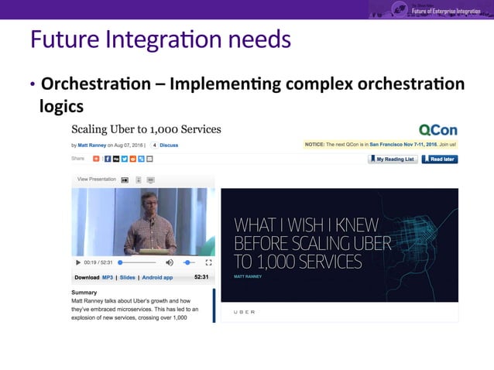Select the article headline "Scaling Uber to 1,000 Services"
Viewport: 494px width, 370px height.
146,129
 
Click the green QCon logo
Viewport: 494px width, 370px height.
437,129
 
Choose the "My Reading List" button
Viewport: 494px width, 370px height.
393,159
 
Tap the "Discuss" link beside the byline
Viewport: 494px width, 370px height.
168,145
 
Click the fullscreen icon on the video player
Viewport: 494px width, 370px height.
208,262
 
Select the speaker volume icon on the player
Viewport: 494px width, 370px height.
170,262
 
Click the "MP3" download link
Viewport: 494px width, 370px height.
108,277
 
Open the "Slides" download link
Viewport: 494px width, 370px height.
128,277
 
